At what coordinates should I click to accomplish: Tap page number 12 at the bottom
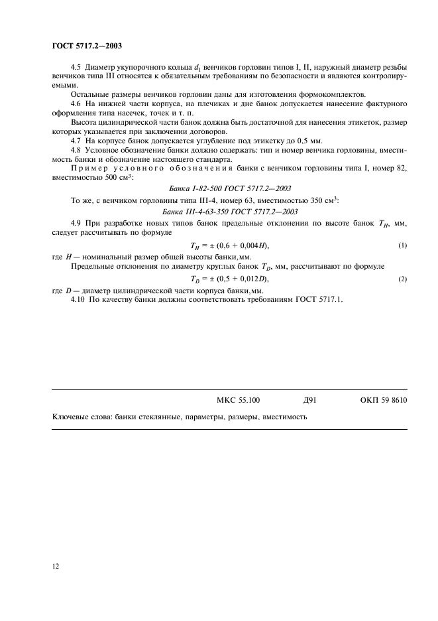(56, 565)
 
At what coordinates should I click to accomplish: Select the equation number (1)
(402, 246)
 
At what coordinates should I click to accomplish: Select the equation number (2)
(402, 280)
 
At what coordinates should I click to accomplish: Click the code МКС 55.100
(239, 400)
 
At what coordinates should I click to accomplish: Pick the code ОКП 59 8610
(384, 400)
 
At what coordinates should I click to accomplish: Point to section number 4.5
(75, 68)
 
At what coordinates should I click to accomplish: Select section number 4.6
(75, 104)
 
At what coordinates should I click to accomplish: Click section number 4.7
(75, 141)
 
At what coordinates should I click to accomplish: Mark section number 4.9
(75, 224)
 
